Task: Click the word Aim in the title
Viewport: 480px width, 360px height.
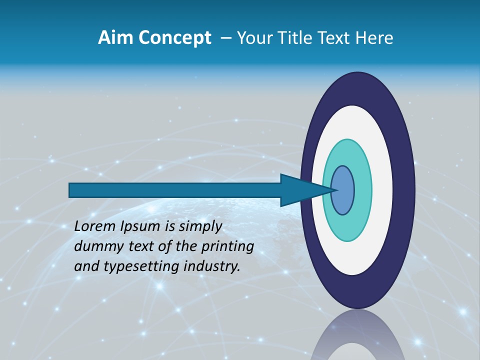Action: point(113,38)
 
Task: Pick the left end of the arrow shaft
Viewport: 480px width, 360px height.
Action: point(73,190)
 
